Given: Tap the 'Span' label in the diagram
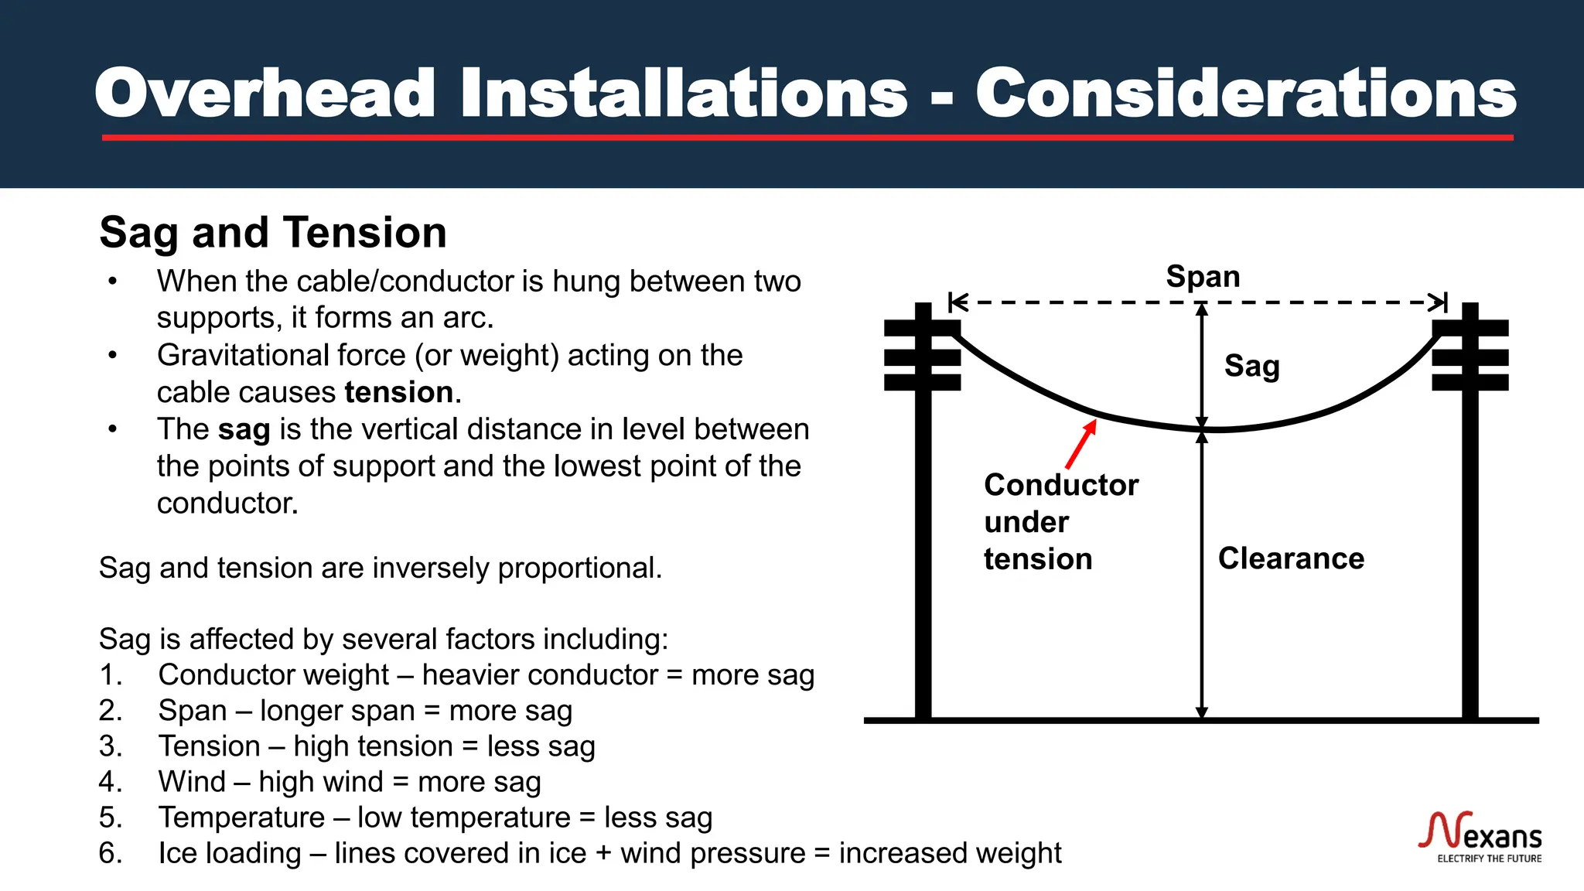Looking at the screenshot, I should tap(1203, 277).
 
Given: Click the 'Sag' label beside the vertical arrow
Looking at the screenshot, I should tap(1251, 366).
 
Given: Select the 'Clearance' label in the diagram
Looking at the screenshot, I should tap(1291, 558).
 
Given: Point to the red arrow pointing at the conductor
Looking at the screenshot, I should tap(1080, 445).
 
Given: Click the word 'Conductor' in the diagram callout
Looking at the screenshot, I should tap(1061, 485).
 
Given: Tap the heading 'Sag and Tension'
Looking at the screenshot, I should tap(273, 233).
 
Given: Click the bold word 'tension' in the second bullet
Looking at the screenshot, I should tap(398, 393).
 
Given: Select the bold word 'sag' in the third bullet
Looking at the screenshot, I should tap(244, 430).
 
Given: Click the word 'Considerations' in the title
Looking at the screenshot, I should tap(1245, 94).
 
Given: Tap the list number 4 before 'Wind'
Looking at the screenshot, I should tap(110, 782).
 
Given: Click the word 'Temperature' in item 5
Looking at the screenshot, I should tap(241, 818).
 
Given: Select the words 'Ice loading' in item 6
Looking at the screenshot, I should tap(230, 853).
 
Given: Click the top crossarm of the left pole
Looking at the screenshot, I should tap(922, 328).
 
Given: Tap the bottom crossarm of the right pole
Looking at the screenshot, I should tap(1470, 382).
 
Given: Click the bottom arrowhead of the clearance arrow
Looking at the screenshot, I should tap(1202, 712).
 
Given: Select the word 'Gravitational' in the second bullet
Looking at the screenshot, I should tap(281, 356).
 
